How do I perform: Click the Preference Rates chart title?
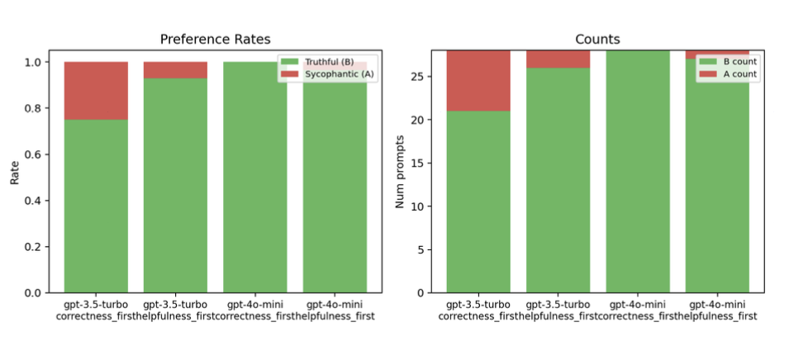click(215, 39)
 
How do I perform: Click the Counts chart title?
click(597, 39)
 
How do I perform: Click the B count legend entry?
click(729, 62)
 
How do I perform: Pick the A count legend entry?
click(729, 74)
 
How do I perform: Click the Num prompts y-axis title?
click(401, 172)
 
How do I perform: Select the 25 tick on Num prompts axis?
click(424, 77)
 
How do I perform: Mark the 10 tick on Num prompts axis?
click(424, 206)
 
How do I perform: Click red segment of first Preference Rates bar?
click(96, 91)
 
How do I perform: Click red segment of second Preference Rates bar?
click(175, 70)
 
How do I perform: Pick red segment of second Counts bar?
click(558, 59)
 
